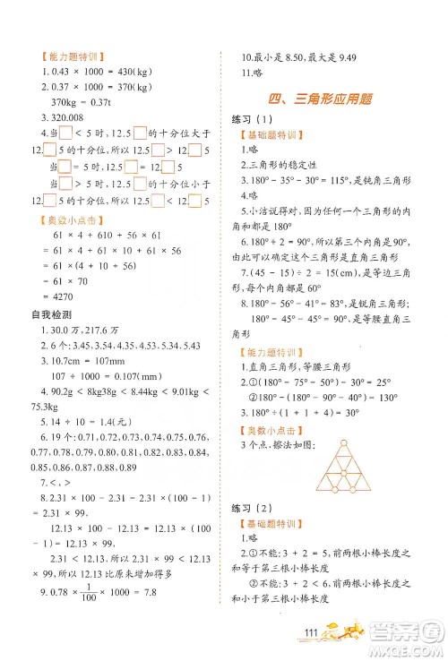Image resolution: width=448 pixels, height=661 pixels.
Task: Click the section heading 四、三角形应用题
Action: pos(321,98)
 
